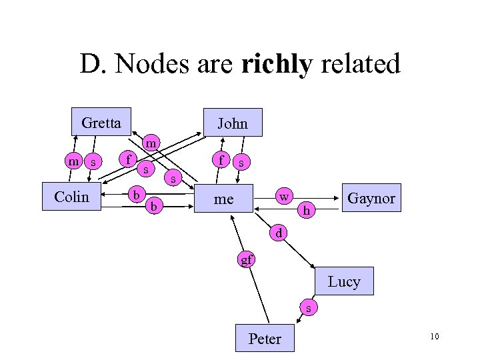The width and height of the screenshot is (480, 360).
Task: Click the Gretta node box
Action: tap(101, 122)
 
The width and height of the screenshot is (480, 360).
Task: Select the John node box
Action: tap(232, 123)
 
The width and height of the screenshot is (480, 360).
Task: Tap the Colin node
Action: tap(71, 197)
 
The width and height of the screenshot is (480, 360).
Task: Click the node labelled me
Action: tap(225, 199)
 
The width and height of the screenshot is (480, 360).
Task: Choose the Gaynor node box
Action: tap(371, 198)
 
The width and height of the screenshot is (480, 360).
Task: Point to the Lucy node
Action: tap(344, 281)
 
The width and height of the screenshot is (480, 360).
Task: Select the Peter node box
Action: tap(265, 339)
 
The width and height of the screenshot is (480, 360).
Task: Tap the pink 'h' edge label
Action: tap(306, 210)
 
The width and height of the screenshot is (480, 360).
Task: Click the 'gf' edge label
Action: tap(247, 259)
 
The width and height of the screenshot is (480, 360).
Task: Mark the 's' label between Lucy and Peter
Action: tap(307, 307)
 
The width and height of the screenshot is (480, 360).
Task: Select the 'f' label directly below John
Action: tap(221, 160)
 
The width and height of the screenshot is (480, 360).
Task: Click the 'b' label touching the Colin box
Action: tap(136, 194)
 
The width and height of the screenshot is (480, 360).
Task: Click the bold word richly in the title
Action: tap(276, 65)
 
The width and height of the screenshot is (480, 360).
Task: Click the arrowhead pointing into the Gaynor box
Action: tap(338, 198)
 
